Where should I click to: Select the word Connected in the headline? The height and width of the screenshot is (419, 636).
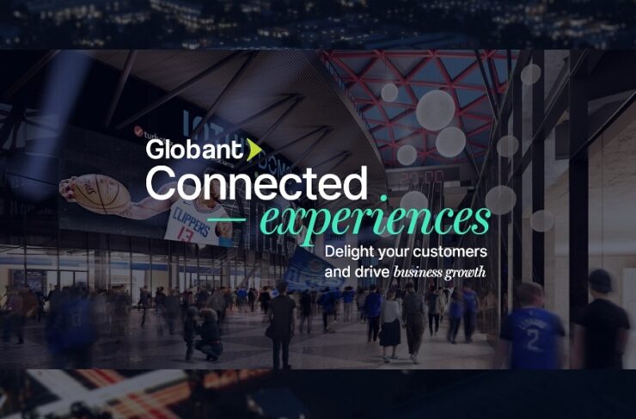click(x=256, y=184)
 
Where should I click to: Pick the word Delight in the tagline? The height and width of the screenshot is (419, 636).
click(x=350, y=251)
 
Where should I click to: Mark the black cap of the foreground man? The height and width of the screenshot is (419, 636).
click(x=600, y=280)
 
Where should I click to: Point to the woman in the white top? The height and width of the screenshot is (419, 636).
click(x=390, y=314)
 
